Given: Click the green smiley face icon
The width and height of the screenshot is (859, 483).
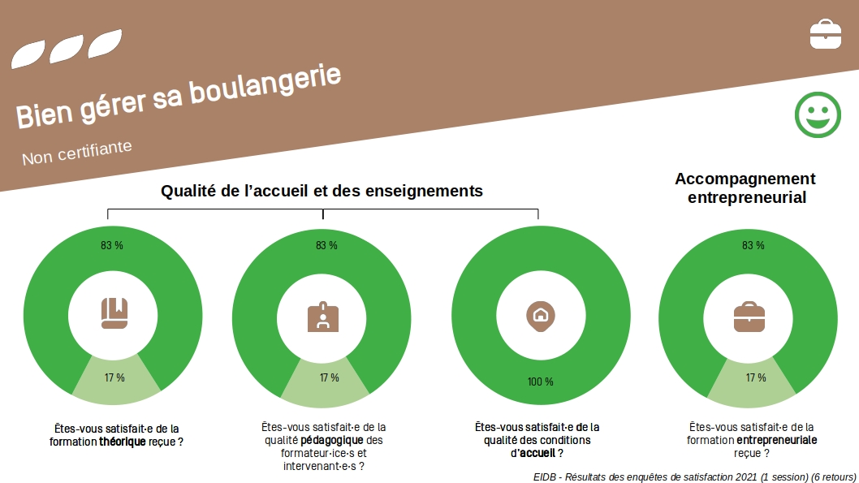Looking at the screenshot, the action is pos(818,114).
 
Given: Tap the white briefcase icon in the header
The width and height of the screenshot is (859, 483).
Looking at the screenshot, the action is pos(826,34).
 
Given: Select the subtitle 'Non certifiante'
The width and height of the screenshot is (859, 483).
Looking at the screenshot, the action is pos(76,153).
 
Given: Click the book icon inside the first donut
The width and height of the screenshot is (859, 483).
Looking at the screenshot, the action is pos(114,313).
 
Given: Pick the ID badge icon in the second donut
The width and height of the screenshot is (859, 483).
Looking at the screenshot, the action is pos(323,317).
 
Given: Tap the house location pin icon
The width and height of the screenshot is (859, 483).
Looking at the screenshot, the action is pos(541,316).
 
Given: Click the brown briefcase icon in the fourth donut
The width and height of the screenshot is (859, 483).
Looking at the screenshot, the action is pos(749,317).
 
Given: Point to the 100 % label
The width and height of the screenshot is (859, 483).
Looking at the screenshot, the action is pos(541,382).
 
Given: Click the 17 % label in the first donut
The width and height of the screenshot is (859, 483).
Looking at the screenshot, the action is pos(114,377).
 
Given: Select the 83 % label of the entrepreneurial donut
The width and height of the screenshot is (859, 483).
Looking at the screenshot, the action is pos(753,245).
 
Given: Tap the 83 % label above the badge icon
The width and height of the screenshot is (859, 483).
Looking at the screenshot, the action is pos(326,245).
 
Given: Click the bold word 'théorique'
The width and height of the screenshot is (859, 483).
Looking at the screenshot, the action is pos(122,442).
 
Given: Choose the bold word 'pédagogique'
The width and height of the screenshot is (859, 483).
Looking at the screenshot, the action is pos(332,440).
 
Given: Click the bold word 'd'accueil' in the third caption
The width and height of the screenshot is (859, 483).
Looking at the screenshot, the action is pos(533,454).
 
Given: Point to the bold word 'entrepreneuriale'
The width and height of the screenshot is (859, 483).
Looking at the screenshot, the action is pos(777,440).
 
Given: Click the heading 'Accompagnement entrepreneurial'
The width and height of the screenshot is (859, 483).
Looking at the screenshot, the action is pos(745,188).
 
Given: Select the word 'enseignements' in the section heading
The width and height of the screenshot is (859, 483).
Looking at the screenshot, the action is pos(424,191).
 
